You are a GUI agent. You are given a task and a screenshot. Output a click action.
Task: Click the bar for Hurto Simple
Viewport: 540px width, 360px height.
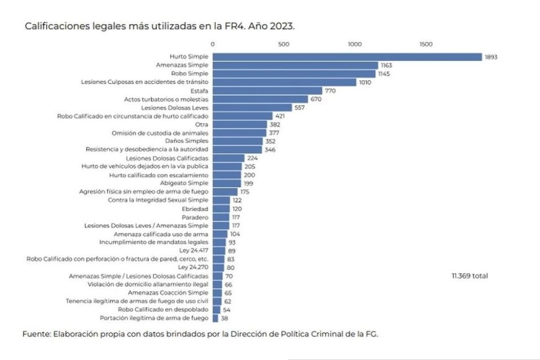coord(348,57)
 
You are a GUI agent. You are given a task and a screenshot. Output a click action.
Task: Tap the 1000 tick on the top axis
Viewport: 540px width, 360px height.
coord(355,44)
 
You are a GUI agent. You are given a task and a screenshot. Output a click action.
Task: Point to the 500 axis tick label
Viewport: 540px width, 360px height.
coord(284,44)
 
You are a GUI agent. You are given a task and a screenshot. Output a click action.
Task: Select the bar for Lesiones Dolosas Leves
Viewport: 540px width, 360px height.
coord(252,107)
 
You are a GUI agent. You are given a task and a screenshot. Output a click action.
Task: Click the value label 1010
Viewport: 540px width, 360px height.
coord(366,82)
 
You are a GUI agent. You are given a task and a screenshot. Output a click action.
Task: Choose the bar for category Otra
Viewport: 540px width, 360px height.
coord(240,124)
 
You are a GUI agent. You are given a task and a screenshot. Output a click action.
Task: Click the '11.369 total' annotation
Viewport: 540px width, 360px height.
coord(470,276)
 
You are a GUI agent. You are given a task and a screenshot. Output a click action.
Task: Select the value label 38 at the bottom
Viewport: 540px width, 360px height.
coord(224,318)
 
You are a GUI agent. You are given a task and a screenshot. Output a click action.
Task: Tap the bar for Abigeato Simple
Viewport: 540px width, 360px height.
coord(227,183)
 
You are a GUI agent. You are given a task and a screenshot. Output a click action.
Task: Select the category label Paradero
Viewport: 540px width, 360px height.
coord(196,217)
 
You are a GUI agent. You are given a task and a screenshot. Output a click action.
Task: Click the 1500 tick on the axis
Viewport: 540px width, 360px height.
coord(426,44)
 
